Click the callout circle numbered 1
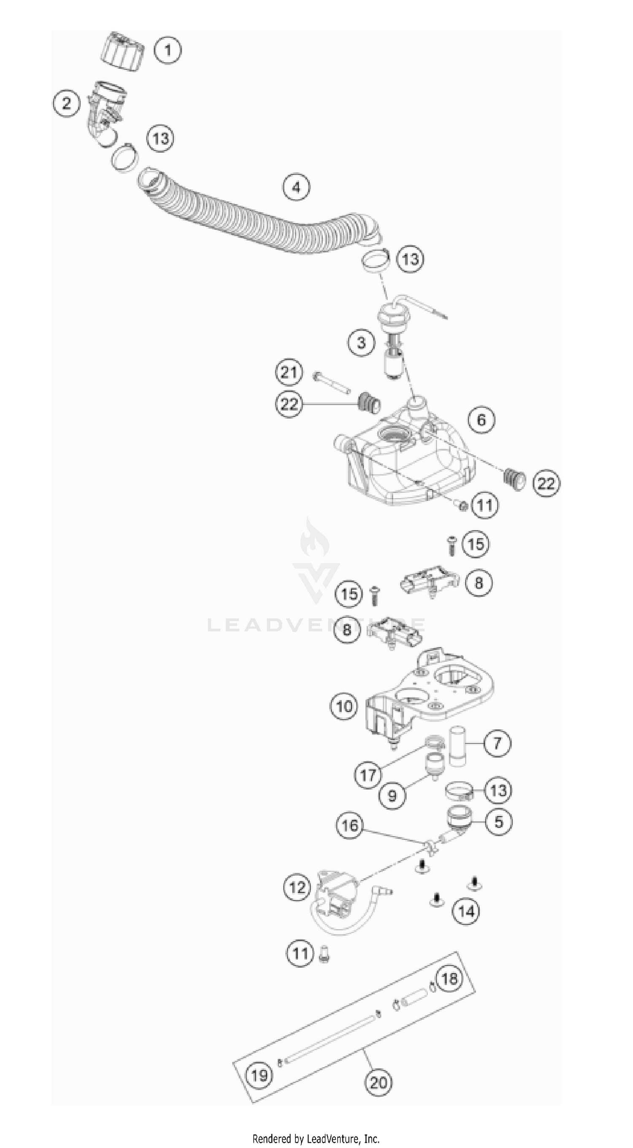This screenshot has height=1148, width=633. tap(168, 50)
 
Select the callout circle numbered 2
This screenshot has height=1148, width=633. tap(66, 104)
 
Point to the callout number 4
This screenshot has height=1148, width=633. tap(296, 187)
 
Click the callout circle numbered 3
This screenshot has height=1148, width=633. tap(361, 343)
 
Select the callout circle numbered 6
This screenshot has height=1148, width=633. tap(481, 420)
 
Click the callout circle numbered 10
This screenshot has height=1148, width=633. tap(344, 707)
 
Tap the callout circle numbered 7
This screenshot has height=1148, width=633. tap(497, 743)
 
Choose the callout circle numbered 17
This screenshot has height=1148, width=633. tap(368, 775)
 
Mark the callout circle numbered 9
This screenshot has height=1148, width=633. tap(392, 796)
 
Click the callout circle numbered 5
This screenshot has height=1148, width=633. tap(498, 821)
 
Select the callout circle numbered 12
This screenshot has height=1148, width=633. tap(297, 887)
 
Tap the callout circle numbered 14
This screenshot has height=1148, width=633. tap(466, 911)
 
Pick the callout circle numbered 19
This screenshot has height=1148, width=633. tap(259, 1076)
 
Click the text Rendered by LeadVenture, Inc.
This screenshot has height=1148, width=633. tap(316, 1139)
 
